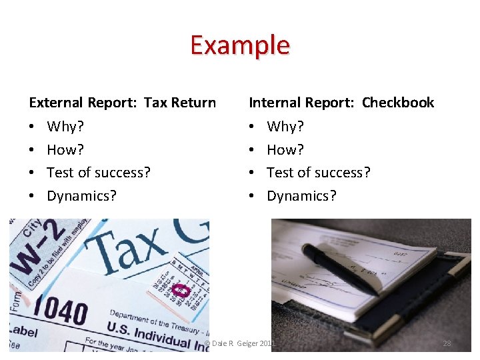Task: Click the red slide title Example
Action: click(240, 45)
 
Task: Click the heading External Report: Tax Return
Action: click(122, 103)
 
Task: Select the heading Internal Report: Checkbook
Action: click(341, 103)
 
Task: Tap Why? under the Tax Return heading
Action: click(65, 126)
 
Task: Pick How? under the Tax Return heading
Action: click(65, 149)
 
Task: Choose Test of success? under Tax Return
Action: click(99, 173)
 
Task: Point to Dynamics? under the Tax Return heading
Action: click(81, 196)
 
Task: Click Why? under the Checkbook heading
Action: click(285, 126)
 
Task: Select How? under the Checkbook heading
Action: click(285, 149)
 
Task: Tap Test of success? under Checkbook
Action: click(319, 173)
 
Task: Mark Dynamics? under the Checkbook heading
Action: click(301, 196)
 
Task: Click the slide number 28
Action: click(447, 343)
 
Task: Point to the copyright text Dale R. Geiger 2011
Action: click(240, 343)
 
